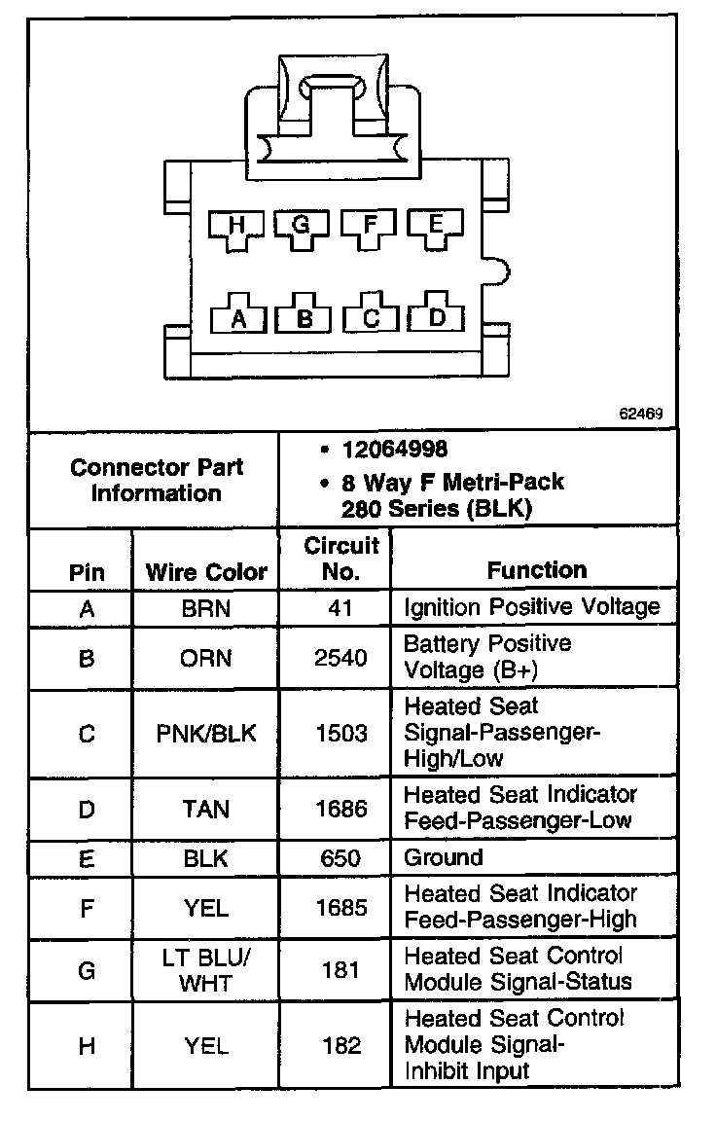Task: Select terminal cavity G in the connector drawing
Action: tap(302, 228)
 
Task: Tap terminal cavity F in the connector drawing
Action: tap(369, 228)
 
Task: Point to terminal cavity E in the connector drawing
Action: tap(435, 228)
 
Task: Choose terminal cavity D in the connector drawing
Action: tap(437, 315)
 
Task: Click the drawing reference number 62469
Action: tap(640, 413)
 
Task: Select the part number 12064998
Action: tap(394, 450)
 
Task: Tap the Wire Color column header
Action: tap(206, 571)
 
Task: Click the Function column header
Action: tap(537, 570)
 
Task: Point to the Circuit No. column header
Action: tap(340, 558)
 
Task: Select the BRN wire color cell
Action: tap(206, 608)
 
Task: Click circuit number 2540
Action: tap(340, 659)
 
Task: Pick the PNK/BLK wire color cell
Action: tap(206, 733)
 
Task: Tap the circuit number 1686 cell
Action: tap(340, 808)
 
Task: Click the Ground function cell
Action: tap(444, 858)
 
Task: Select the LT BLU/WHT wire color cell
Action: tap(206, 970)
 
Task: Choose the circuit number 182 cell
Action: tap(340, 1046)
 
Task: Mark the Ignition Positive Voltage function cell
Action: tap(531, 608)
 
